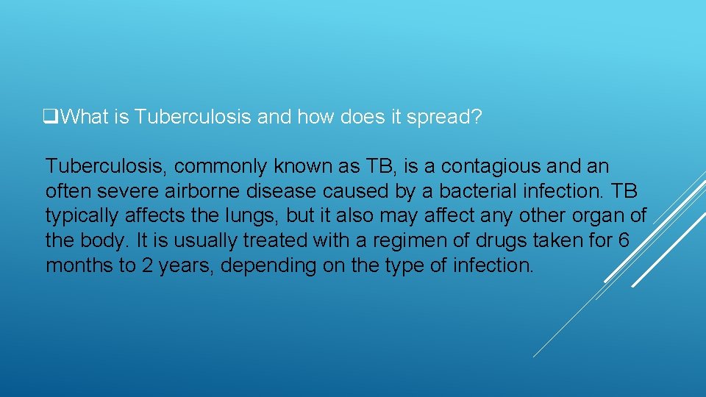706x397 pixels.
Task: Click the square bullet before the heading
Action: point(50,117)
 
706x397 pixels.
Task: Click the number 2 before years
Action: point(147,265)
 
